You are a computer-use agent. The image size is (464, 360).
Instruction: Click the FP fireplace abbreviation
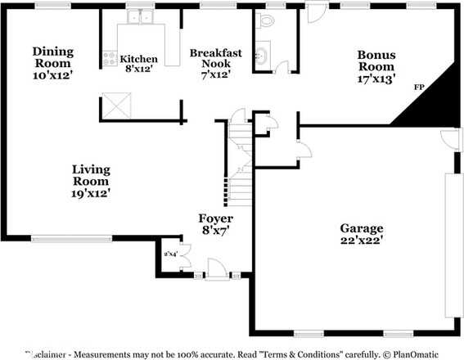pyautogui.click(x=419, y=87)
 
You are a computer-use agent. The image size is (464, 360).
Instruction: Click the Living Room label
pyautogui.click(x=92, y=181)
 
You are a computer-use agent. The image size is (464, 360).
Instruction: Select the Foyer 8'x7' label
pyautogui.click(x=216, y=225)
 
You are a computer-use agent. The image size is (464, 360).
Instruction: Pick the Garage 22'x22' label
pyautogui.click(x=362, y=234)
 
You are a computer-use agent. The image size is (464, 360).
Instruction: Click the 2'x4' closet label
pyautogui.click(x=170, y=254)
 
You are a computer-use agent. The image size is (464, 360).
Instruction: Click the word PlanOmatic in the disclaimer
pyautogui.click(x=414, y=354)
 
